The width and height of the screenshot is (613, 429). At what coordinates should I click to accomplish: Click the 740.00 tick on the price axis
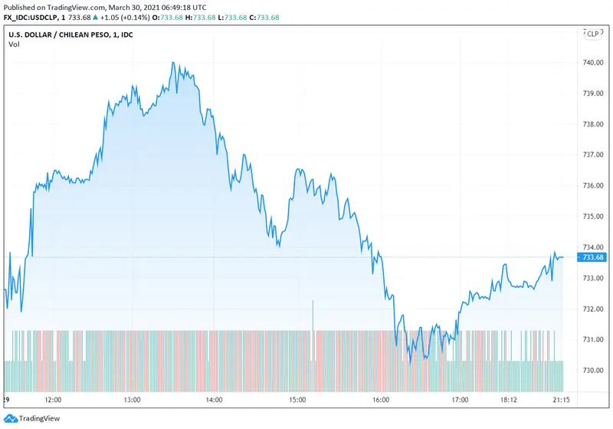click(x=594, y=62)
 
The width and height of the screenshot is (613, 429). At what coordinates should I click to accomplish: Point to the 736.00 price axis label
click(x=594, y=185)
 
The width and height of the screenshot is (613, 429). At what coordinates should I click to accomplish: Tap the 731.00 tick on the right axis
click(x=594, y=339)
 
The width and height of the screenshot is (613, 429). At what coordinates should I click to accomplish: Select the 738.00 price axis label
click(x=594, y=123)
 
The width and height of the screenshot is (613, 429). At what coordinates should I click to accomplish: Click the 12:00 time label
click(x=54, y=399)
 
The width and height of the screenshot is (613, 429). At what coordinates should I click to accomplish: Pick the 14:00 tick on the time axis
click(x=214, y=399)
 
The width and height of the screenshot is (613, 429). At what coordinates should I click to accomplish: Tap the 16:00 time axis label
click(x=381, y=399)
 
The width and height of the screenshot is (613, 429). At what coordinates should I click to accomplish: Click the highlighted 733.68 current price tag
click(x=594, y=257)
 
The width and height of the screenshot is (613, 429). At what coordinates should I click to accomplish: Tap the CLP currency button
click(x=592, y=33)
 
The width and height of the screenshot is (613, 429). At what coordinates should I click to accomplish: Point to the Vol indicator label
click(x=15, y=44)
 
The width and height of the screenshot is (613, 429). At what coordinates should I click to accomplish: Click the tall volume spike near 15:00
click(x=313, y=316)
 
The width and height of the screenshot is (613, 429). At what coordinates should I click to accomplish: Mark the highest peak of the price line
click(x=174, y=63)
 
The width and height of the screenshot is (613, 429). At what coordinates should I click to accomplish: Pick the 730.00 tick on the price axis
click(x=594, y=370)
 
